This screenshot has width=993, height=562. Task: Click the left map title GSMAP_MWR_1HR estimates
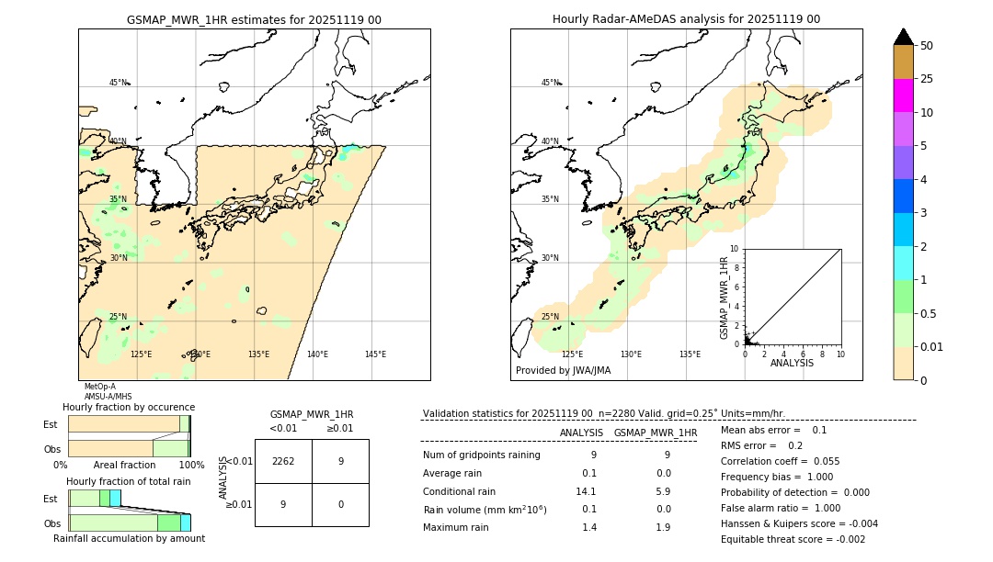(254, 19)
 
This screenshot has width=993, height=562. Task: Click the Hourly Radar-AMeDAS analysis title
(686, 19)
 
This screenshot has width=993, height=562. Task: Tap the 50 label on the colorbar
(927, 45)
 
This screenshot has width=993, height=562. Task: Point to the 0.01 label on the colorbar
(932, 346)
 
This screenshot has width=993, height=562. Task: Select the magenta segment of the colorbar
(903, 96)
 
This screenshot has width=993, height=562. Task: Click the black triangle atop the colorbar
(903, 37)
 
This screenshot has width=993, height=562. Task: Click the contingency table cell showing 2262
(283, 461)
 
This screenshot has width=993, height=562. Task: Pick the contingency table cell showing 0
(340, 504)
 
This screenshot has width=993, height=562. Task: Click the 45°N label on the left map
(118, 83)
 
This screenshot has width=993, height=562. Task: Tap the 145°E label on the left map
(375, 354)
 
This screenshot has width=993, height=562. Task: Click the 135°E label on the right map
(690, 354)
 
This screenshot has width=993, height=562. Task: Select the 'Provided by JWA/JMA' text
(563, 371)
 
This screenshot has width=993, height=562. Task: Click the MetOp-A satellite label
(101, 387)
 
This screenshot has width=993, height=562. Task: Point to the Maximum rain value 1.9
(662, 527)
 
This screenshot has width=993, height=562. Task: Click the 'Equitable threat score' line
(793, 539)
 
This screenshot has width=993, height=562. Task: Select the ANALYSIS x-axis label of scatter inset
(792, 363)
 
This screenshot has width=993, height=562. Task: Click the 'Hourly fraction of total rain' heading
(128, 482)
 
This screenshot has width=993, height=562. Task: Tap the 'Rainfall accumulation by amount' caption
(129, 538)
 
